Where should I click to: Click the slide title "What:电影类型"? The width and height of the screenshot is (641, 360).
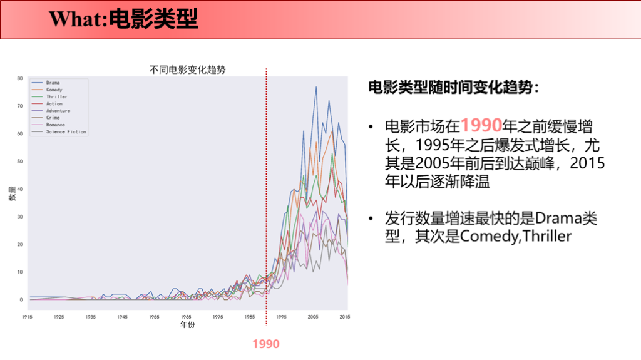pos(123,19)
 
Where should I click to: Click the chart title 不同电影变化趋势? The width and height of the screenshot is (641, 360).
pos(187,70)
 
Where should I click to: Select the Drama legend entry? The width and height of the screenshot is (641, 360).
pos(53,83)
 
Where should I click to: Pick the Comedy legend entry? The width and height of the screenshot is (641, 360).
pos(54,90)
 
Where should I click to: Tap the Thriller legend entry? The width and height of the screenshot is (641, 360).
pos(56,97)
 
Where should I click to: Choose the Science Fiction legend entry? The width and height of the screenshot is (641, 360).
pos(66,132)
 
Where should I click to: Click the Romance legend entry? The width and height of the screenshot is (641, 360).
pos(55,125)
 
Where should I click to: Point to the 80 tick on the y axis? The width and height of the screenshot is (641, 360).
pos(19,78)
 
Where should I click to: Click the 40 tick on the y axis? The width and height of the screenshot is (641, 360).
pos(19,189)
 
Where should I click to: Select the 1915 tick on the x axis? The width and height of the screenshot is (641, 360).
pos(27,317)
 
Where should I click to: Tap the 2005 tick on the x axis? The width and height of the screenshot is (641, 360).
pos(313,317)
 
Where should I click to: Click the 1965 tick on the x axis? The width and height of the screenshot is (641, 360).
pos(186,317)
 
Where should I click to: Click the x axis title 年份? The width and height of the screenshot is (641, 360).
pos(187,326)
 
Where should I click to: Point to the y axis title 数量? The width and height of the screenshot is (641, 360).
pos(11,194)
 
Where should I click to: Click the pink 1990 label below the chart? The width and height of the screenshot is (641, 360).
pos(266,344)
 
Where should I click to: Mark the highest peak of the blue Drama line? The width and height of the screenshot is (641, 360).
pos(316,87)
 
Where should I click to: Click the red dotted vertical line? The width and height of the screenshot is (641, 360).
pos(267,188)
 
